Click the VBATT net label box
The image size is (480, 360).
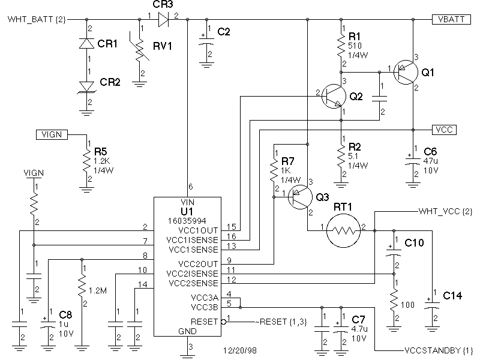click(451, 19)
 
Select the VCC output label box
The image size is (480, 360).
click(444, 130)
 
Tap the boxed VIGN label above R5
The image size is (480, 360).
click(52, 134)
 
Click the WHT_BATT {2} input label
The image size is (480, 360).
click(37, 20)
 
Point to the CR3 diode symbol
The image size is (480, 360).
click(163, 20)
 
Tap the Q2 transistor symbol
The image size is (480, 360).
click(334, 96)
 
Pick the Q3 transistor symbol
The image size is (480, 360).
click(301, 197)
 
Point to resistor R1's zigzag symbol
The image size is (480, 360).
click(341, 46)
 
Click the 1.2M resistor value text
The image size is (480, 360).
click(98, 290)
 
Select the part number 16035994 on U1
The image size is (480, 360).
click(187, 221)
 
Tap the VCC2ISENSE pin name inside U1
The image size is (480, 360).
click(192, 274)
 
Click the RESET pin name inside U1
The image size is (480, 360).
click(204, 322)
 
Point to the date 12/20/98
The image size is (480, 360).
click(240, 350)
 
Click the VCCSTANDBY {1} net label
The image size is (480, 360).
click(439, 350)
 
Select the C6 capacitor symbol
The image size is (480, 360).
click(413, 161)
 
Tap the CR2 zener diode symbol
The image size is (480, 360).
click(86, 86)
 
